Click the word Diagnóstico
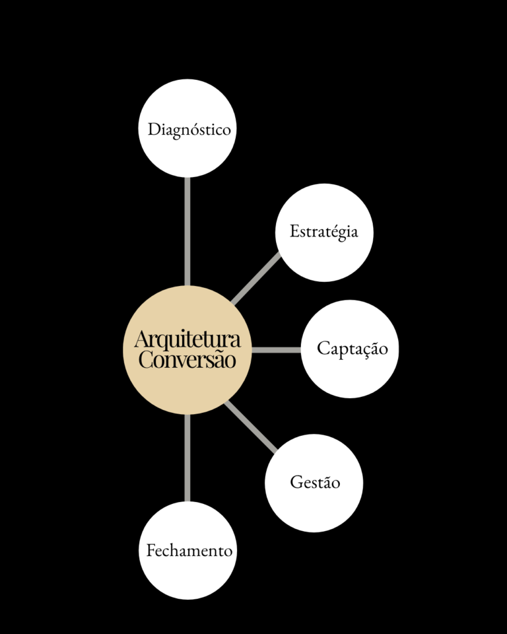189,130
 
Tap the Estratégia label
324,232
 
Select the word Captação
352,349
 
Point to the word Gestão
315,482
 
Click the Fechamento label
189,550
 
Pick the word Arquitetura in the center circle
188,339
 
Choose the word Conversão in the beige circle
187,360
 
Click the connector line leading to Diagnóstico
187,232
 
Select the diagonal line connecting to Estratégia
256,278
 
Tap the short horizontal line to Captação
276,350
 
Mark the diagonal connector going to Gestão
251,427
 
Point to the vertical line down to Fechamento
187,458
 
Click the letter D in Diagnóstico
154,129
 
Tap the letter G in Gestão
297,482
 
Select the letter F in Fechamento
151,550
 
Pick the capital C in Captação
324,348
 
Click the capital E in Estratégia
295,232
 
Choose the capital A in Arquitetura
142,340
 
